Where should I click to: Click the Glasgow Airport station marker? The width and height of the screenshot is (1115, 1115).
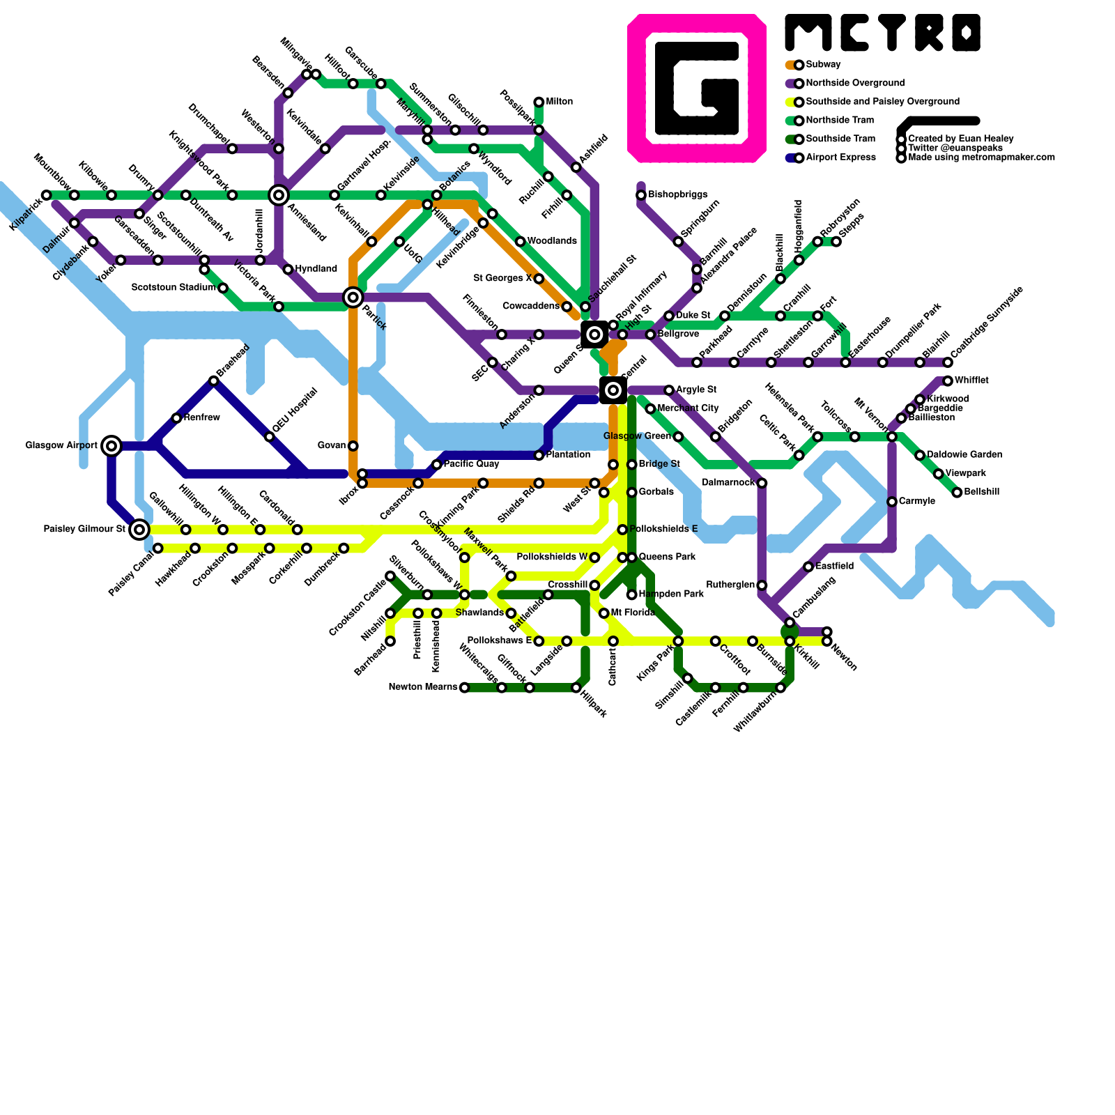(111, 445)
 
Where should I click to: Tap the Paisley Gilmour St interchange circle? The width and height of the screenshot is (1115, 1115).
(139, 530)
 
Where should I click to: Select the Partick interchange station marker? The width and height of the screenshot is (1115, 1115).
(353, 298)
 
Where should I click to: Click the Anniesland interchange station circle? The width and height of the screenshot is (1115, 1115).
(279, 195)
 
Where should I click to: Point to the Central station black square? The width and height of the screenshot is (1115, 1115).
(613, 390)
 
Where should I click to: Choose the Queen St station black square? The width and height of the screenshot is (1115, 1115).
(594, 334)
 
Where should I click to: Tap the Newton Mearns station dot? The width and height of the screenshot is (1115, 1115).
(464, 688)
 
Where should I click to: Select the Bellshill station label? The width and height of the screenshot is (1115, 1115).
(982, 492)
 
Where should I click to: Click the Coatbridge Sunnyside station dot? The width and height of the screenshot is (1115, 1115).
(948, 362)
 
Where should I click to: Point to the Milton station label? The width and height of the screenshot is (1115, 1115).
(560, 102)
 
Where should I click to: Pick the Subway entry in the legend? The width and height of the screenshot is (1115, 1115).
(823, 65)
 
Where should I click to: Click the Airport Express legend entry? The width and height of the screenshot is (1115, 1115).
(840, 157)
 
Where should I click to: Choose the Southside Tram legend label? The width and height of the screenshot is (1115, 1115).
(840, 139)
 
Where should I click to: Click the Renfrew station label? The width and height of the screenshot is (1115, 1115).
(202, 417)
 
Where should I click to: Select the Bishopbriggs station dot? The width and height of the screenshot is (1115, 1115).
(641, 195)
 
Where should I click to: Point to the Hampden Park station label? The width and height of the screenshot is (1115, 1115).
(671, 594)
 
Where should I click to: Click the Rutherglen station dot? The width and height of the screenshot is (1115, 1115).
(762, 585)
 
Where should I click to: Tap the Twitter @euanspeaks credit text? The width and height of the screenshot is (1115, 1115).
(955, 148)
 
